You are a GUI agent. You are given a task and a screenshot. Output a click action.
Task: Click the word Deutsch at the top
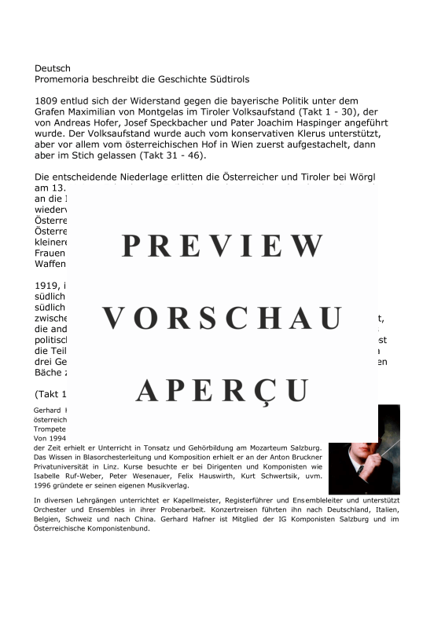point(53,68)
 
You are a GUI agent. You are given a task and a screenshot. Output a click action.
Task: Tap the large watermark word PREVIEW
point(222,246)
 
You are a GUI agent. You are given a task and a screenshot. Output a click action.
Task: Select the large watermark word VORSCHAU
point(222,318)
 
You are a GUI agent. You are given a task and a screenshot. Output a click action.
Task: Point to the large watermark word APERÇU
point(222,389)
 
